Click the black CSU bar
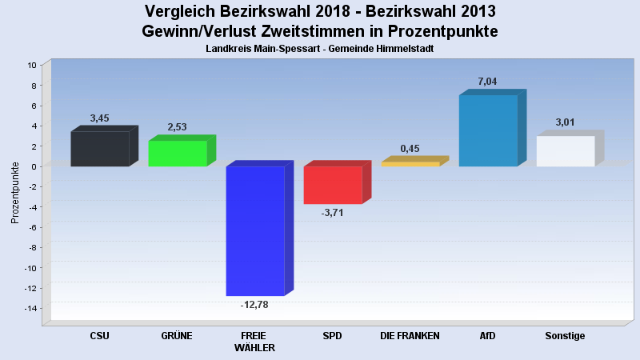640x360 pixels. coord(100,149)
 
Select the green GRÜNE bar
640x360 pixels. coord(178,154)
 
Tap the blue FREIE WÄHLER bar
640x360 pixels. coord(255,230)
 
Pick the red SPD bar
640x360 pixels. coord(333,185)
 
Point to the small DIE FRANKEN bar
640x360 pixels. coord(410,164)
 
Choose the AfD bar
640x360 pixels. coord(488,130)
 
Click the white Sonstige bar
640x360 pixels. coord(566,151)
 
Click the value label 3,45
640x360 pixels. coord(100,118)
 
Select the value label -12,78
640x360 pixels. coord(254,305)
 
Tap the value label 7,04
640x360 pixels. coord(487,82)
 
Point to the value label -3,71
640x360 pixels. coord(332,213)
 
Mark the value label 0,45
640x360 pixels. coord(410,149)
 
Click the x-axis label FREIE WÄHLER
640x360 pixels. coord(255,342)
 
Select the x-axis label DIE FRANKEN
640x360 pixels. coord(410,336)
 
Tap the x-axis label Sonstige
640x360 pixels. coord(565,336)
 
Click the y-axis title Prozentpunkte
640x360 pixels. coord(15,192)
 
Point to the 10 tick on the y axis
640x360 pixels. coord(32,65)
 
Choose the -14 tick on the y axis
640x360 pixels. coord(31,309)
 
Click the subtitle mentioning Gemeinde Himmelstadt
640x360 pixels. coord(320,49)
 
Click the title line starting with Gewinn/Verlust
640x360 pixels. coord(320,31)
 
